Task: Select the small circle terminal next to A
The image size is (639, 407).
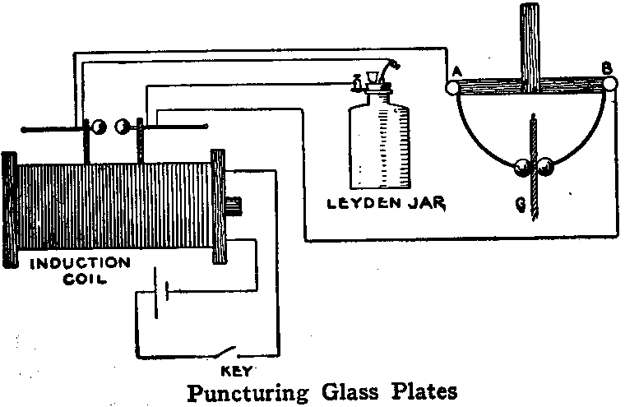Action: pyautogui.click(x=452, y=86)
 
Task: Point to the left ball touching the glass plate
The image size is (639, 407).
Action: pyautogui.click(x=521, y=168)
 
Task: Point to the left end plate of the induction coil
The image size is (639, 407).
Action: pyautogui.click(x=9, y=209)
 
